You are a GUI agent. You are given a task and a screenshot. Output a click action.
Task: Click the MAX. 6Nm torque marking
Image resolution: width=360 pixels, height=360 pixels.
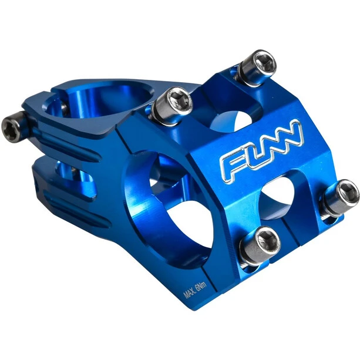195,290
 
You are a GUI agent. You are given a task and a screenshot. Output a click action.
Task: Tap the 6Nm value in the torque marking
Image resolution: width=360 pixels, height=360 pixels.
202,286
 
